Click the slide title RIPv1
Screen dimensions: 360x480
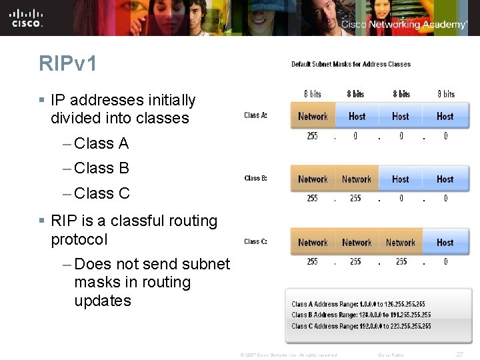coord(68,63)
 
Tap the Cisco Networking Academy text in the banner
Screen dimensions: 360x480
coord(404,25)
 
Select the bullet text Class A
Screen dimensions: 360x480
coord(101,143)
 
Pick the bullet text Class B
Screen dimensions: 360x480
coord(101,168)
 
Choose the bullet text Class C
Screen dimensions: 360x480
coord(101,193)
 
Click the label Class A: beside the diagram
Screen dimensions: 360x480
coord(255,115)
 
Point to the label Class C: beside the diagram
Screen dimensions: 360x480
coord(255,241)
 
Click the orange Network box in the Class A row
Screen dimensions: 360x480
coord(313,116)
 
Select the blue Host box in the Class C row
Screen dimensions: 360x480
coord(445,243)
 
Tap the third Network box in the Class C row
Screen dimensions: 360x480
coord(400,243)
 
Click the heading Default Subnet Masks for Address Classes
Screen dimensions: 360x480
coord(351,64)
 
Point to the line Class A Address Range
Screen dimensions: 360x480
coord(358,304)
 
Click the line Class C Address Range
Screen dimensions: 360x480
coord(361,326)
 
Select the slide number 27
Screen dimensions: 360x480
coord(459,355)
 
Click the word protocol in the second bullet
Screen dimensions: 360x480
coord(79,239)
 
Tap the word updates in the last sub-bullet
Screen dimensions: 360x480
coord(103,301)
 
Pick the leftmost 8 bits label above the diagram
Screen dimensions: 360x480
coord(312,94)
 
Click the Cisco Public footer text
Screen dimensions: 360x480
coord(391,355)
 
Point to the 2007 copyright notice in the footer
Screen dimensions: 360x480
coord(288,355)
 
